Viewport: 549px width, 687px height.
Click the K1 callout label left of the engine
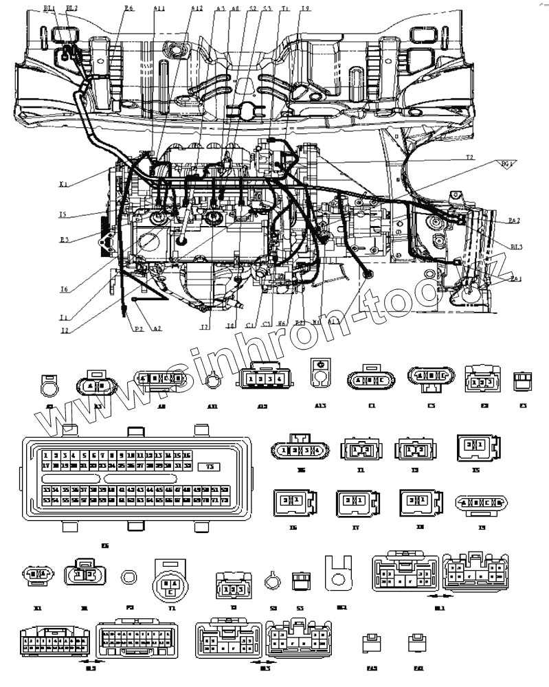point(63,183)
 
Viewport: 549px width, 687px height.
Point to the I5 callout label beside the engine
point(63,214)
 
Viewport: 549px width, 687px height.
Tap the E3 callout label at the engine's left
point(64,239)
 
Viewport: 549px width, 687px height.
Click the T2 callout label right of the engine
point(470,157)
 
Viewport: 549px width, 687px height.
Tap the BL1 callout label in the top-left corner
point(49,8)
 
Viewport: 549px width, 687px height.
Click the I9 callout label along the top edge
point(305,8)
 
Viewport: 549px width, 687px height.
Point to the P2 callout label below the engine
point(139,328)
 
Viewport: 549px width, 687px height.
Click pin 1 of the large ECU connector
point(45,455)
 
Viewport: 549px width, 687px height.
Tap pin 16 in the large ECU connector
point(187,455)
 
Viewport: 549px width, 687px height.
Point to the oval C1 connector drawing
point(372,379)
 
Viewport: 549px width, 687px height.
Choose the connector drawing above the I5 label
point(475,451)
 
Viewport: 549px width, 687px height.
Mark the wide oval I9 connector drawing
point(482,503)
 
